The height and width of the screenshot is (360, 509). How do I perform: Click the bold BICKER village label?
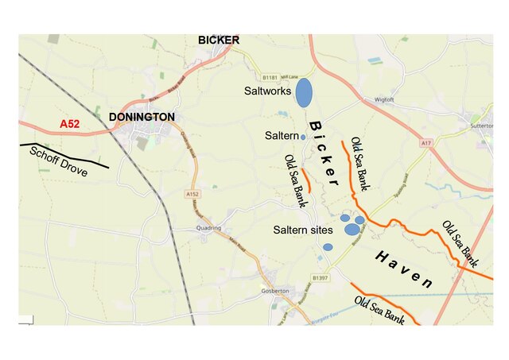pyautogui.click(x=219, y=40)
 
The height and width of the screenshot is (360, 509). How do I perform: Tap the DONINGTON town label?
pyautogui.click(x=142, y=117)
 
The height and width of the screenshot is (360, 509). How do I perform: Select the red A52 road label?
pyautogui.click(x=71, y=124)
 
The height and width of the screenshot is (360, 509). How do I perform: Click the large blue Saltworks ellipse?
pyautogui.click(x=304, y=92)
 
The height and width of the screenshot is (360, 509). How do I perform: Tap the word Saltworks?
pyautogui.click(x=268, y=92)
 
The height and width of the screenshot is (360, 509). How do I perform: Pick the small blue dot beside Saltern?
pyautogui.click(x=303, y=137)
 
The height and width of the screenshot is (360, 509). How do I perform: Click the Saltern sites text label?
pyautogui.click(x=303, y=230)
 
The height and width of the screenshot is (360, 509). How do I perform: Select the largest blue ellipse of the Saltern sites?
pyautogui.click(x=352, y=230)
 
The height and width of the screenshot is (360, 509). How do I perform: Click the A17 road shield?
pyautogui.click(x=427, y=142)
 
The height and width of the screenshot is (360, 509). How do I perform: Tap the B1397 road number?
pyautogui.click(x=321, y=277)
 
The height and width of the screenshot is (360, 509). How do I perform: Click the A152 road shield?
pyautogui.click(x=192, y=194)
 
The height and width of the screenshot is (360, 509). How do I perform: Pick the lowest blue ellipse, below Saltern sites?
pyautogui.click(x=328, y=247)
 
